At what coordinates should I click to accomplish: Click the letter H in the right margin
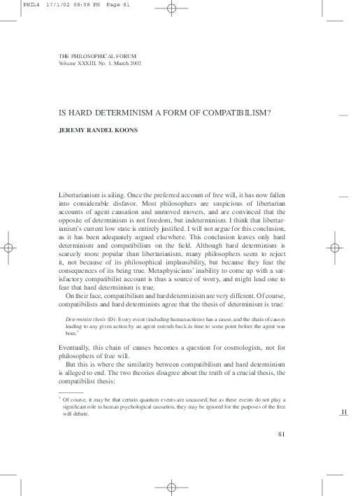point(343,413)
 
